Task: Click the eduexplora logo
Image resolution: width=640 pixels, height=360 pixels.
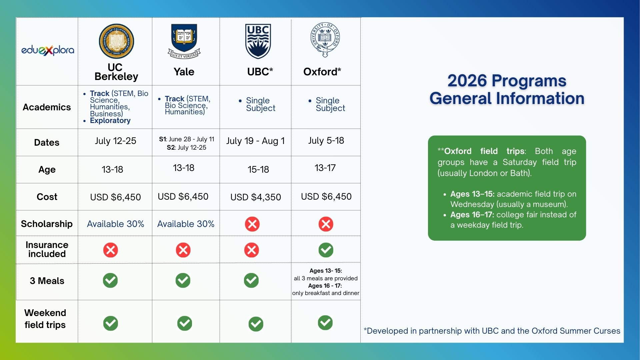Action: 48,50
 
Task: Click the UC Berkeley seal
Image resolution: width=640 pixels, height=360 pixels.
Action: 116,41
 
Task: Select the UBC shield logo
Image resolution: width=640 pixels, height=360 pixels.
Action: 258,41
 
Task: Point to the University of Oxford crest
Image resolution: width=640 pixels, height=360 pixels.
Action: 325,40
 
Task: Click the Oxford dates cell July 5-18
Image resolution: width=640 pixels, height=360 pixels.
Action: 326,141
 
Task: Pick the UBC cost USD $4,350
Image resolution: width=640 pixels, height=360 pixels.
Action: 256,197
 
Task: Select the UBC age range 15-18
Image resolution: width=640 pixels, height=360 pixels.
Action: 258,170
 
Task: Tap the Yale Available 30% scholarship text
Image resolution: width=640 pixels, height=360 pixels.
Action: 186,224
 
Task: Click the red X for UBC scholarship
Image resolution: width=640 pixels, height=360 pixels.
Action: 252,224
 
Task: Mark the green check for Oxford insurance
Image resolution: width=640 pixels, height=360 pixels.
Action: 326,250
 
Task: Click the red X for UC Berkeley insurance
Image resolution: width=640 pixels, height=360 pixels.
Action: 111,250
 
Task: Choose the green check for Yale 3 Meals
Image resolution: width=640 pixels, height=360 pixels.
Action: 183,280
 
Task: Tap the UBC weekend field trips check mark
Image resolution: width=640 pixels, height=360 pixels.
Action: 256,324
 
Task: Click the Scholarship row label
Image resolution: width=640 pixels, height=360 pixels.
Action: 47,224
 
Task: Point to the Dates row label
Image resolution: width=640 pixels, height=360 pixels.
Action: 47,143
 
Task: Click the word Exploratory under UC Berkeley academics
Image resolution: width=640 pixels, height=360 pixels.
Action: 110,121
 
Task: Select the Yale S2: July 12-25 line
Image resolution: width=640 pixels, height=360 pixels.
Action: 186,148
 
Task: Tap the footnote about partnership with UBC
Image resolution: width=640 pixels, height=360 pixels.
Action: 492,331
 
